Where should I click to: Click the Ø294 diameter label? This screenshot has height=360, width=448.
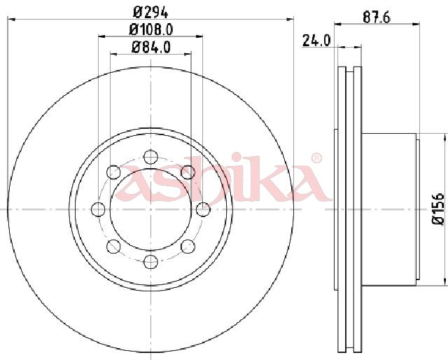click(150, 12)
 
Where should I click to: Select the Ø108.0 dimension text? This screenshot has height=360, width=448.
click(151, 29)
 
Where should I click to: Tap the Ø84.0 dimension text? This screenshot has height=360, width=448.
click(151, 47)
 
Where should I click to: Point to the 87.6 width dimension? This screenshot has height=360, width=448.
click(377, 18)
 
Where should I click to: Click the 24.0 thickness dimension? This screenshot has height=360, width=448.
click(316, 41)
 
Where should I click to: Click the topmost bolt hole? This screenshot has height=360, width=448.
click(151, 157)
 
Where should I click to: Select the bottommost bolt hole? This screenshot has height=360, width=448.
click(151, 261)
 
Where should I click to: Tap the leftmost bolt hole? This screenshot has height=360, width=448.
click(98, 209)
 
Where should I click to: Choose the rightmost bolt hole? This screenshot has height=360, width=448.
click(203, 209)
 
